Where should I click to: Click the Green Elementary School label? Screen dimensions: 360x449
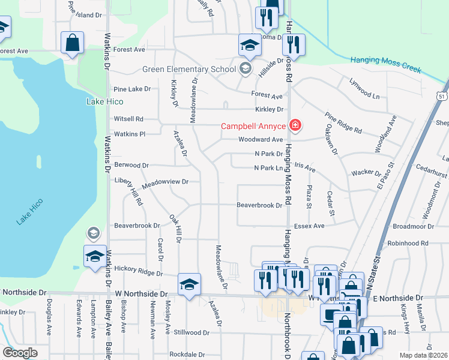[189, 69]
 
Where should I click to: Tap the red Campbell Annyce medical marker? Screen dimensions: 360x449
[295, 126]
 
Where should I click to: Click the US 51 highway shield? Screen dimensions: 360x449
[442, 95]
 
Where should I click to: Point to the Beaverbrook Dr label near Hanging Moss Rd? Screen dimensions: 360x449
[259, 205]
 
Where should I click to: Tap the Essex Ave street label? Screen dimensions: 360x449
[310, 226]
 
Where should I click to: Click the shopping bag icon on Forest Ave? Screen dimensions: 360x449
[72, 43]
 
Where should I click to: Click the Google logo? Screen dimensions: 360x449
[20, 353]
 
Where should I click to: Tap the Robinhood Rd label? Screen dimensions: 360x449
[408, 243]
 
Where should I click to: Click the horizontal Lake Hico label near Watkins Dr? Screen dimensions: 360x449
[104, 101]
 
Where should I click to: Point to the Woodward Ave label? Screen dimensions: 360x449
[260, 139]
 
